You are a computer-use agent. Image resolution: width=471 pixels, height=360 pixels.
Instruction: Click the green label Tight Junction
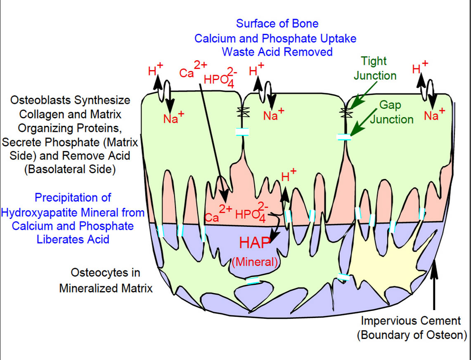click(x=375, y=68)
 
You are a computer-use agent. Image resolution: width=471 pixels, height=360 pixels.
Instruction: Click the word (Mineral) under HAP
click(x=255, y=262)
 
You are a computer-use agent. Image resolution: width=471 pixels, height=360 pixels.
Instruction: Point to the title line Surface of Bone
click(x=277, y=24)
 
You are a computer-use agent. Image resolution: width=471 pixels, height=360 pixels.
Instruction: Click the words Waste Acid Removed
click(x=277, y=52)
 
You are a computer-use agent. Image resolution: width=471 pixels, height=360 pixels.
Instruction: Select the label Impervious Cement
click(x=411, y=320)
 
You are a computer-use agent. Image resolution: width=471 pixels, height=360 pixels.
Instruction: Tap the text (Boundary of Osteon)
click(x=412, y=335)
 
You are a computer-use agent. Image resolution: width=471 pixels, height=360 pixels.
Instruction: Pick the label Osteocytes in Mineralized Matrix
click(x=106, y=280)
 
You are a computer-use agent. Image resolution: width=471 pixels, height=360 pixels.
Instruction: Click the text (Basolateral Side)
click(x=70, y=170)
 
